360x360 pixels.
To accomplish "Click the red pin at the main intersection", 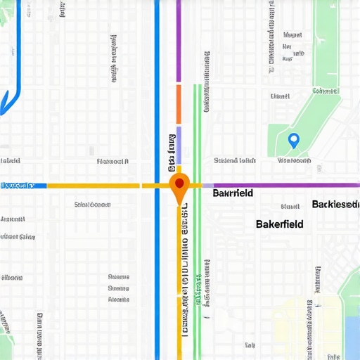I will pos(179,184).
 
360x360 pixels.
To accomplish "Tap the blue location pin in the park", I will pos(294,141).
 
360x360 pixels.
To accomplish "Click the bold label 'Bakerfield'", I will pos(280,224).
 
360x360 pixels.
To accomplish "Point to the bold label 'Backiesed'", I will pos(335,205).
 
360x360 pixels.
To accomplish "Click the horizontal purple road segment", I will pos(281,186).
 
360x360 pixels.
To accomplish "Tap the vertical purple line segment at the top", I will pos(179,42).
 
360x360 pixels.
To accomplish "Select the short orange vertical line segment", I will pos(179,104).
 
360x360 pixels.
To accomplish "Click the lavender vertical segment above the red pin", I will pos(179,145).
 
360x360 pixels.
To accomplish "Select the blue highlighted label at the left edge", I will pos(18,186).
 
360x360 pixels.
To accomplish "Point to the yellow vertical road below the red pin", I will pos(179,281).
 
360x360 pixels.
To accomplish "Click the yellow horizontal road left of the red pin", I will pos(91,186).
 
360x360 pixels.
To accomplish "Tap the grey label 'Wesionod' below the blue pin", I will pos(295,160).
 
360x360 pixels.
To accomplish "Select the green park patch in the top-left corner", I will pos(7,21).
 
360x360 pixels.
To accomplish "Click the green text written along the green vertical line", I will pos(207,281).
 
